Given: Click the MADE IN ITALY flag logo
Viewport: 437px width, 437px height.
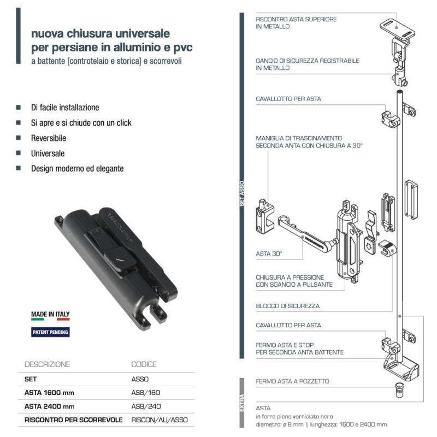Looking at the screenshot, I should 50,316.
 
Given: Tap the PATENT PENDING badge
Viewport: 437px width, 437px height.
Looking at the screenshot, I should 50,331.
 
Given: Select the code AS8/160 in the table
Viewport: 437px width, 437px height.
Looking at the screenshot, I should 146,392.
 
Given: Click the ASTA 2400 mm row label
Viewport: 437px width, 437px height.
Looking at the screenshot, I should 49,406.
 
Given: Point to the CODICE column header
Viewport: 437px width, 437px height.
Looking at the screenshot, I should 144,364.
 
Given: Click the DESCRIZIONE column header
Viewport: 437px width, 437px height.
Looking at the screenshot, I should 48,364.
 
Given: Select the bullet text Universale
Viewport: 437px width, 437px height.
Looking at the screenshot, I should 48,153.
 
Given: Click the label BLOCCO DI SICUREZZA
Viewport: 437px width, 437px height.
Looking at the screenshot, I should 287,306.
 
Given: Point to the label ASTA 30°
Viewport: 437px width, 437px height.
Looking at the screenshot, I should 267,254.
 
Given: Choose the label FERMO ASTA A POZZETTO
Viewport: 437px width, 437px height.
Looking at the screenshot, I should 292,381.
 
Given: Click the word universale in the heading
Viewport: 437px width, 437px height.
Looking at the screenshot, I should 140,34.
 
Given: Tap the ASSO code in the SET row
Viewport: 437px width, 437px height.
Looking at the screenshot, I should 140,379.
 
